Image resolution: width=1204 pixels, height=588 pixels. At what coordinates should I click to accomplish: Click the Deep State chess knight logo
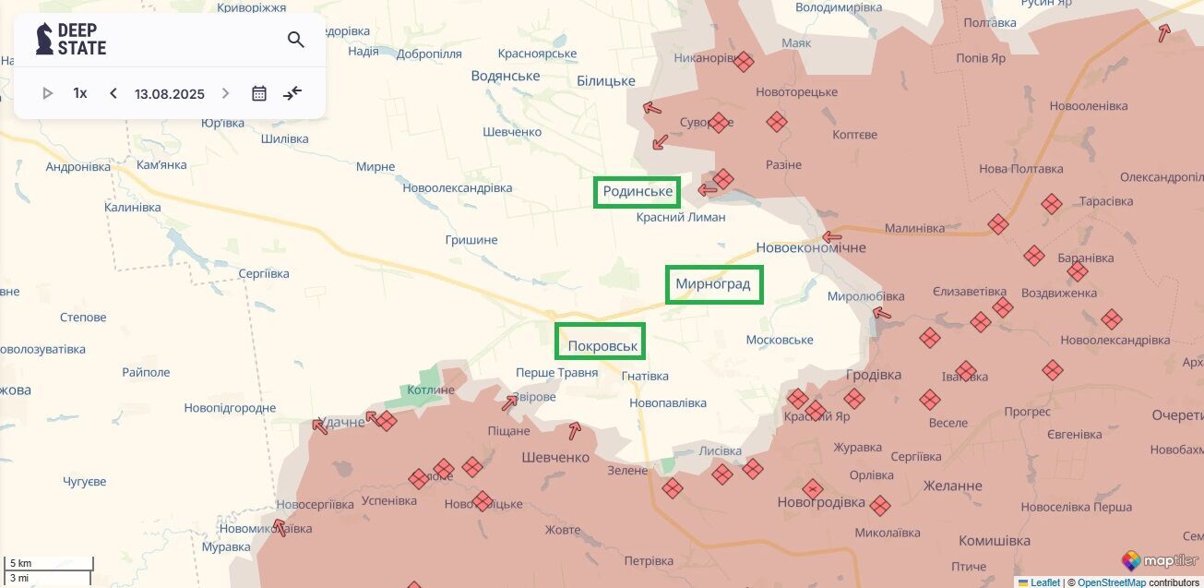click(43, 39)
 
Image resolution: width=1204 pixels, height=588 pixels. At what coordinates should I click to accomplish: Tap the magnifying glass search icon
click(295, 40)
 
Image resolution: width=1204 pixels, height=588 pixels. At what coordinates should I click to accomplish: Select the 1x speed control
click(80, 93)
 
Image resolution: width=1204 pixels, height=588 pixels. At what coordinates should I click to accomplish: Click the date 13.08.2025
click(169, 93)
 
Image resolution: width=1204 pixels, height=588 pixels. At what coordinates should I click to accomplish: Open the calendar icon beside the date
click(259, 93)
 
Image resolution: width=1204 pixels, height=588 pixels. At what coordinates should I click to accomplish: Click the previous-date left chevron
click(113, 93)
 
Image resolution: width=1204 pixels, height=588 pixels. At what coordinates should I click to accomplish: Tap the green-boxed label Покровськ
click(600, 342)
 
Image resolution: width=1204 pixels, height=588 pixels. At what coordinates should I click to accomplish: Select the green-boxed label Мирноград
click(714, 284)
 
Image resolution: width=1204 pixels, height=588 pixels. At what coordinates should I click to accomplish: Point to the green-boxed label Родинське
click(637, 192)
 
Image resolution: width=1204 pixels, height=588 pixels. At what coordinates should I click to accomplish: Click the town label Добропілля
click(429, 54)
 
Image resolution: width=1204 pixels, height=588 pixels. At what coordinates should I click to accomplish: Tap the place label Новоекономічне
click(811, 247)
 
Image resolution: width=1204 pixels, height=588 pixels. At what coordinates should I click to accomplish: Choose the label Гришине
click(471, 240)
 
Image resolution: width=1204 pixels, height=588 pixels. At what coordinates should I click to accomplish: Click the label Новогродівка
click(821, 502)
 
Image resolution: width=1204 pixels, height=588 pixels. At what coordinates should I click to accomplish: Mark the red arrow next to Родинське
click(708, 190)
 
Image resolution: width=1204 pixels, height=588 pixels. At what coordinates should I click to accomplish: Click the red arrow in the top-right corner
click(1165, 32)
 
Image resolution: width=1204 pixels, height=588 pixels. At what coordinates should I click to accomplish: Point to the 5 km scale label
click(20, 563)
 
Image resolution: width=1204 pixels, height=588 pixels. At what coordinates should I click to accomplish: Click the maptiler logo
click(1160, 560)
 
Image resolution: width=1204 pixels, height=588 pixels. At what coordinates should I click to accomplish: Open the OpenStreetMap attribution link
click(1111, 582)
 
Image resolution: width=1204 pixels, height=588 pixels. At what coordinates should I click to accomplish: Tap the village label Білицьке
click(606, 80)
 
